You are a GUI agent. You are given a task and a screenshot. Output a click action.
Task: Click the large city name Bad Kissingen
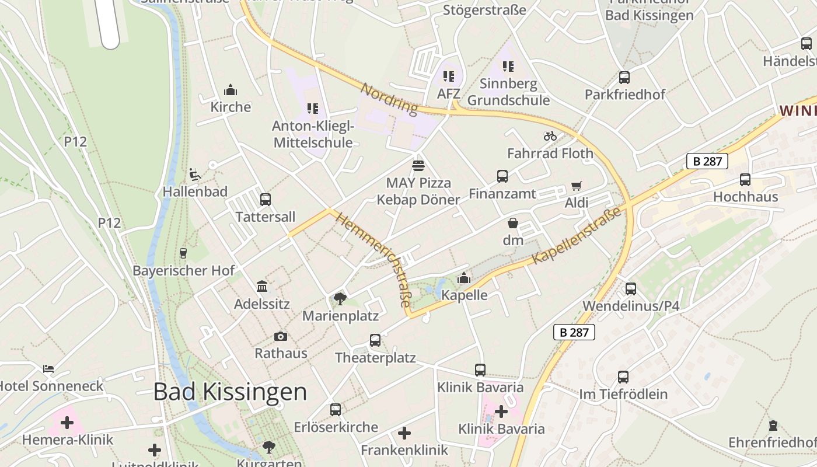[x=230, y=392]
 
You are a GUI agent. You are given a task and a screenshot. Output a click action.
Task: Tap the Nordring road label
[x=389, y=99]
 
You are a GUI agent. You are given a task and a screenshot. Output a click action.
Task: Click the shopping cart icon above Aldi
[x=576, y=186]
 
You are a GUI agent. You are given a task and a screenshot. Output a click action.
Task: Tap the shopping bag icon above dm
[x=513, y=223]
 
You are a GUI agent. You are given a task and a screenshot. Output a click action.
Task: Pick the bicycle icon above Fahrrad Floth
[x=550, y=137]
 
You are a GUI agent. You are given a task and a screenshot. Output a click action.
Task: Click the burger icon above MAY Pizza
[x=418, y=166]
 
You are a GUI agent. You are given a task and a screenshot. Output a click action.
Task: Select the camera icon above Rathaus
[x=281, y=336]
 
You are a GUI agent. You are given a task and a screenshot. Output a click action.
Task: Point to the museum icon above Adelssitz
[x=262, y=287]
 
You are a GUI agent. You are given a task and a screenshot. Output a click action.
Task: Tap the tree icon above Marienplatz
[x=340, y=299]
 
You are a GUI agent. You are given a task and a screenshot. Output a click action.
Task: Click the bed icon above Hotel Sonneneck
[x=48, y=369]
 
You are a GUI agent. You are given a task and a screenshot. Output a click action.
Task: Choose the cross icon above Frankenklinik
[x=404, y=433]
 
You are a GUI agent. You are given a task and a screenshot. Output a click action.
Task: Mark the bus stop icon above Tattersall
[x=266, y=200]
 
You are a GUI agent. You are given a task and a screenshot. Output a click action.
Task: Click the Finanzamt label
[x=502, y=194]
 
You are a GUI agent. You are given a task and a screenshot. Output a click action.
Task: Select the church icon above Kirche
[x=231, y=90]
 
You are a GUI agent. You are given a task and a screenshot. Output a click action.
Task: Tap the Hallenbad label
[x=195, y=191]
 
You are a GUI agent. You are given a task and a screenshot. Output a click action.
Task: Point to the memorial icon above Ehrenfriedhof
[x=773, y=425]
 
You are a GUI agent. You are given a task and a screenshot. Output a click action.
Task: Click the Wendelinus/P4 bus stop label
[x=631, y=306]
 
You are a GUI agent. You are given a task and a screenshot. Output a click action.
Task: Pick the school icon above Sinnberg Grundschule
[x=508, y=67]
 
